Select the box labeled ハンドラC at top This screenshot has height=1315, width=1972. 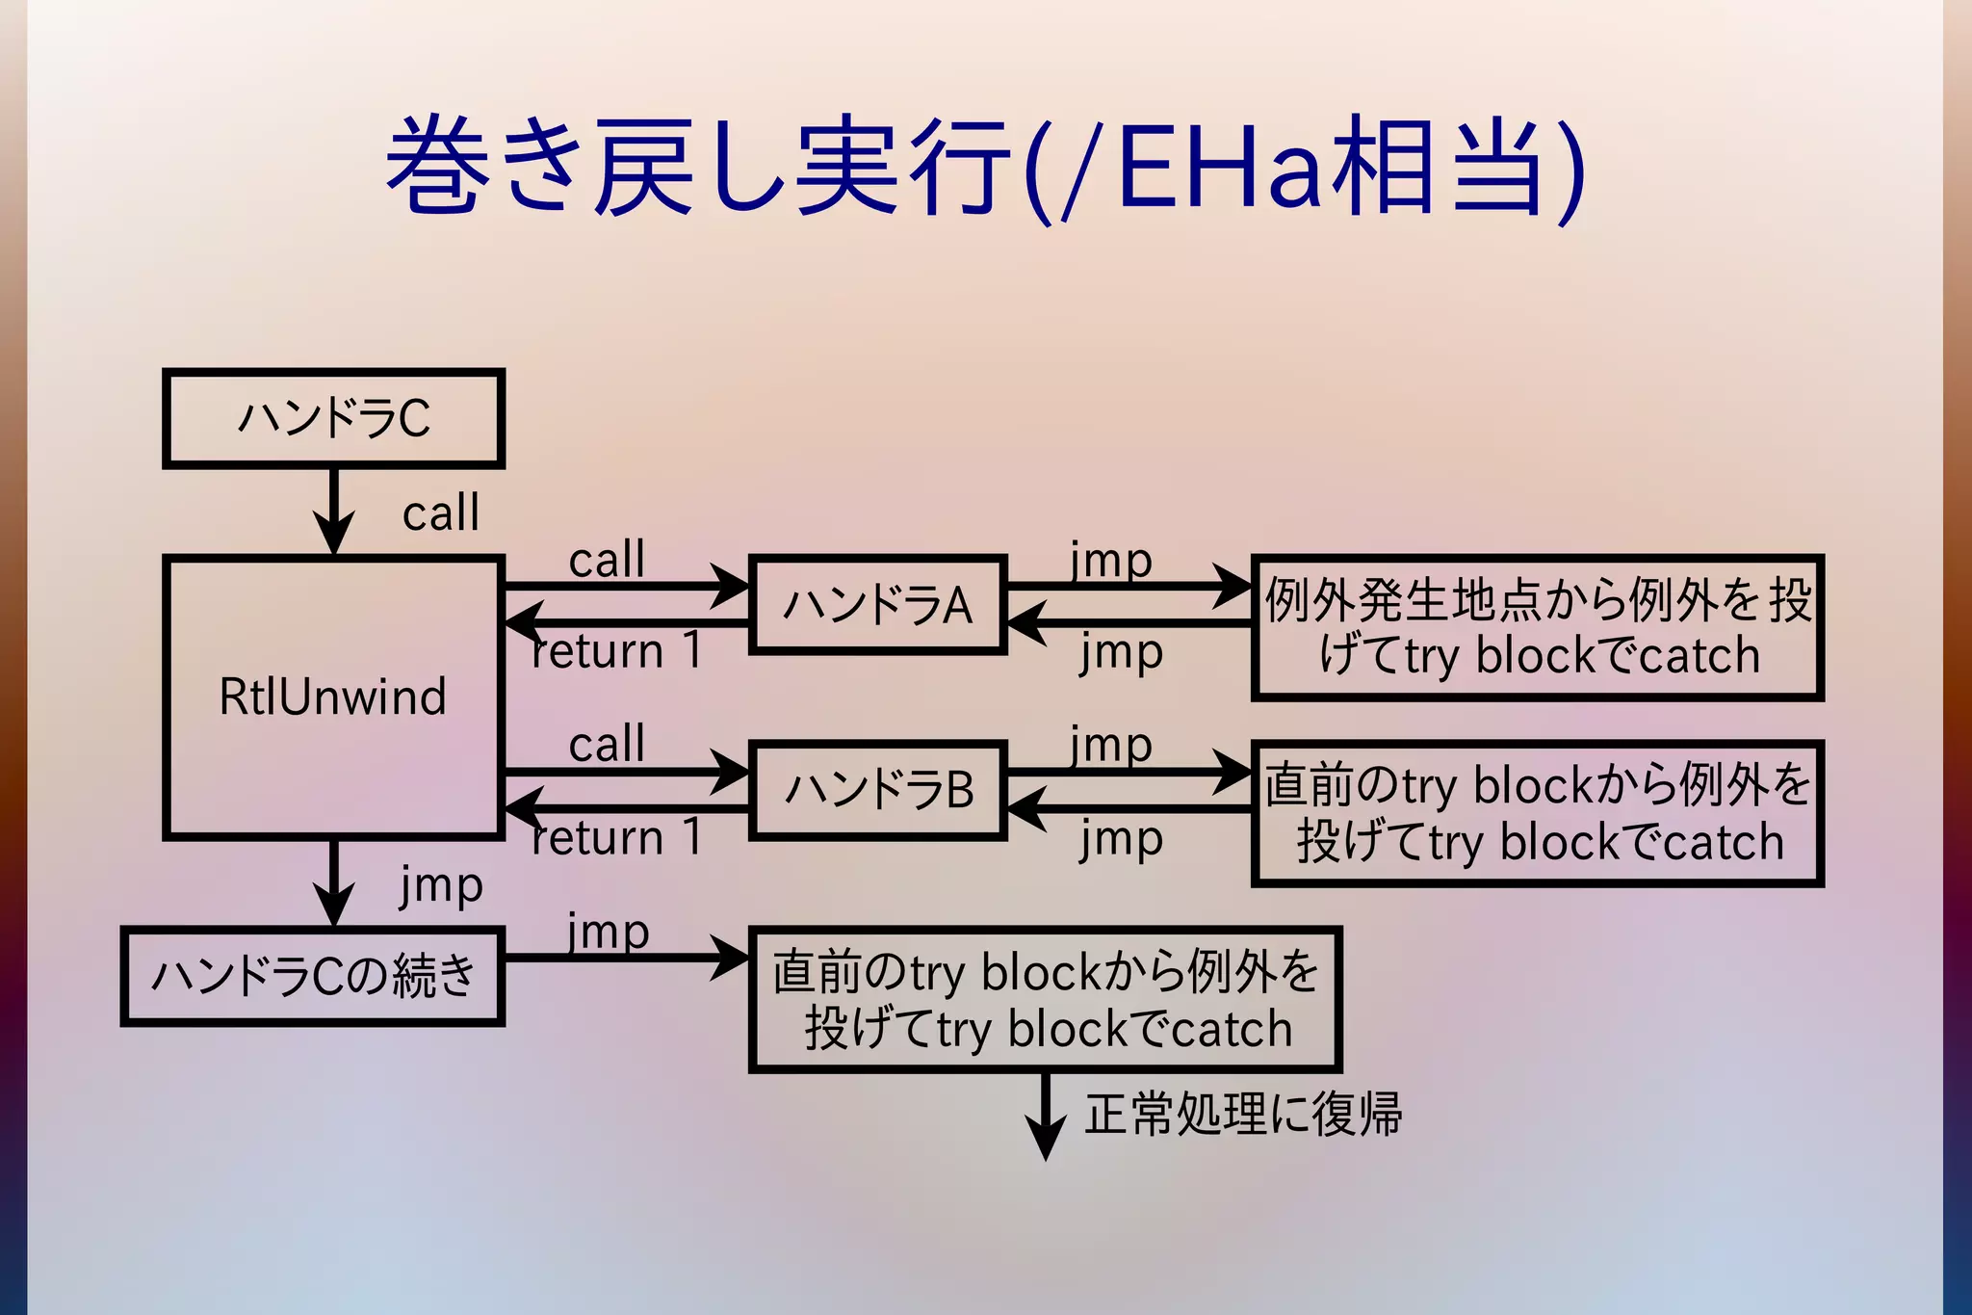point(333,418)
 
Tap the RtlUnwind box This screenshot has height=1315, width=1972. point(333,697)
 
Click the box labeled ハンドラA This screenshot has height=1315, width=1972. point(877,605)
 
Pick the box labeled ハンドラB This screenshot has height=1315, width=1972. point(877,790)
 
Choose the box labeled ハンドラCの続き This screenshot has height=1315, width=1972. point(313,976)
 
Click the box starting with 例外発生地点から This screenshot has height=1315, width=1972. point(1538,627)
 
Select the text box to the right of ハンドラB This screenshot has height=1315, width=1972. point(1538,813)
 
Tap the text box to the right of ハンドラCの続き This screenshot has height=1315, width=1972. point(1045,999)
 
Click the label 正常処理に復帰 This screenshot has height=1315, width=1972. point(1242,1115)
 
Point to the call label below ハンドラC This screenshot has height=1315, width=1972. point(440,513)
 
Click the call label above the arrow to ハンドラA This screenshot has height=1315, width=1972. point(606,560)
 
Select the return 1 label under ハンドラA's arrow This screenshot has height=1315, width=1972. point(616,651)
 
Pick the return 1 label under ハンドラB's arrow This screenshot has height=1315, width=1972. point(616,837)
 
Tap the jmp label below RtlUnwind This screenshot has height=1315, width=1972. point(441,884)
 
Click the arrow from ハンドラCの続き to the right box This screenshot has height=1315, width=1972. point(626,958)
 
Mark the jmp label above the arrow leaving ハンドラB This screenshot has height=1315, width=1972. point(1110,745)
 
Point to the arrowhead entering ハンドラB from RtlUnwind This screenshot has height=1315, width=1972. point(732,772)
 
